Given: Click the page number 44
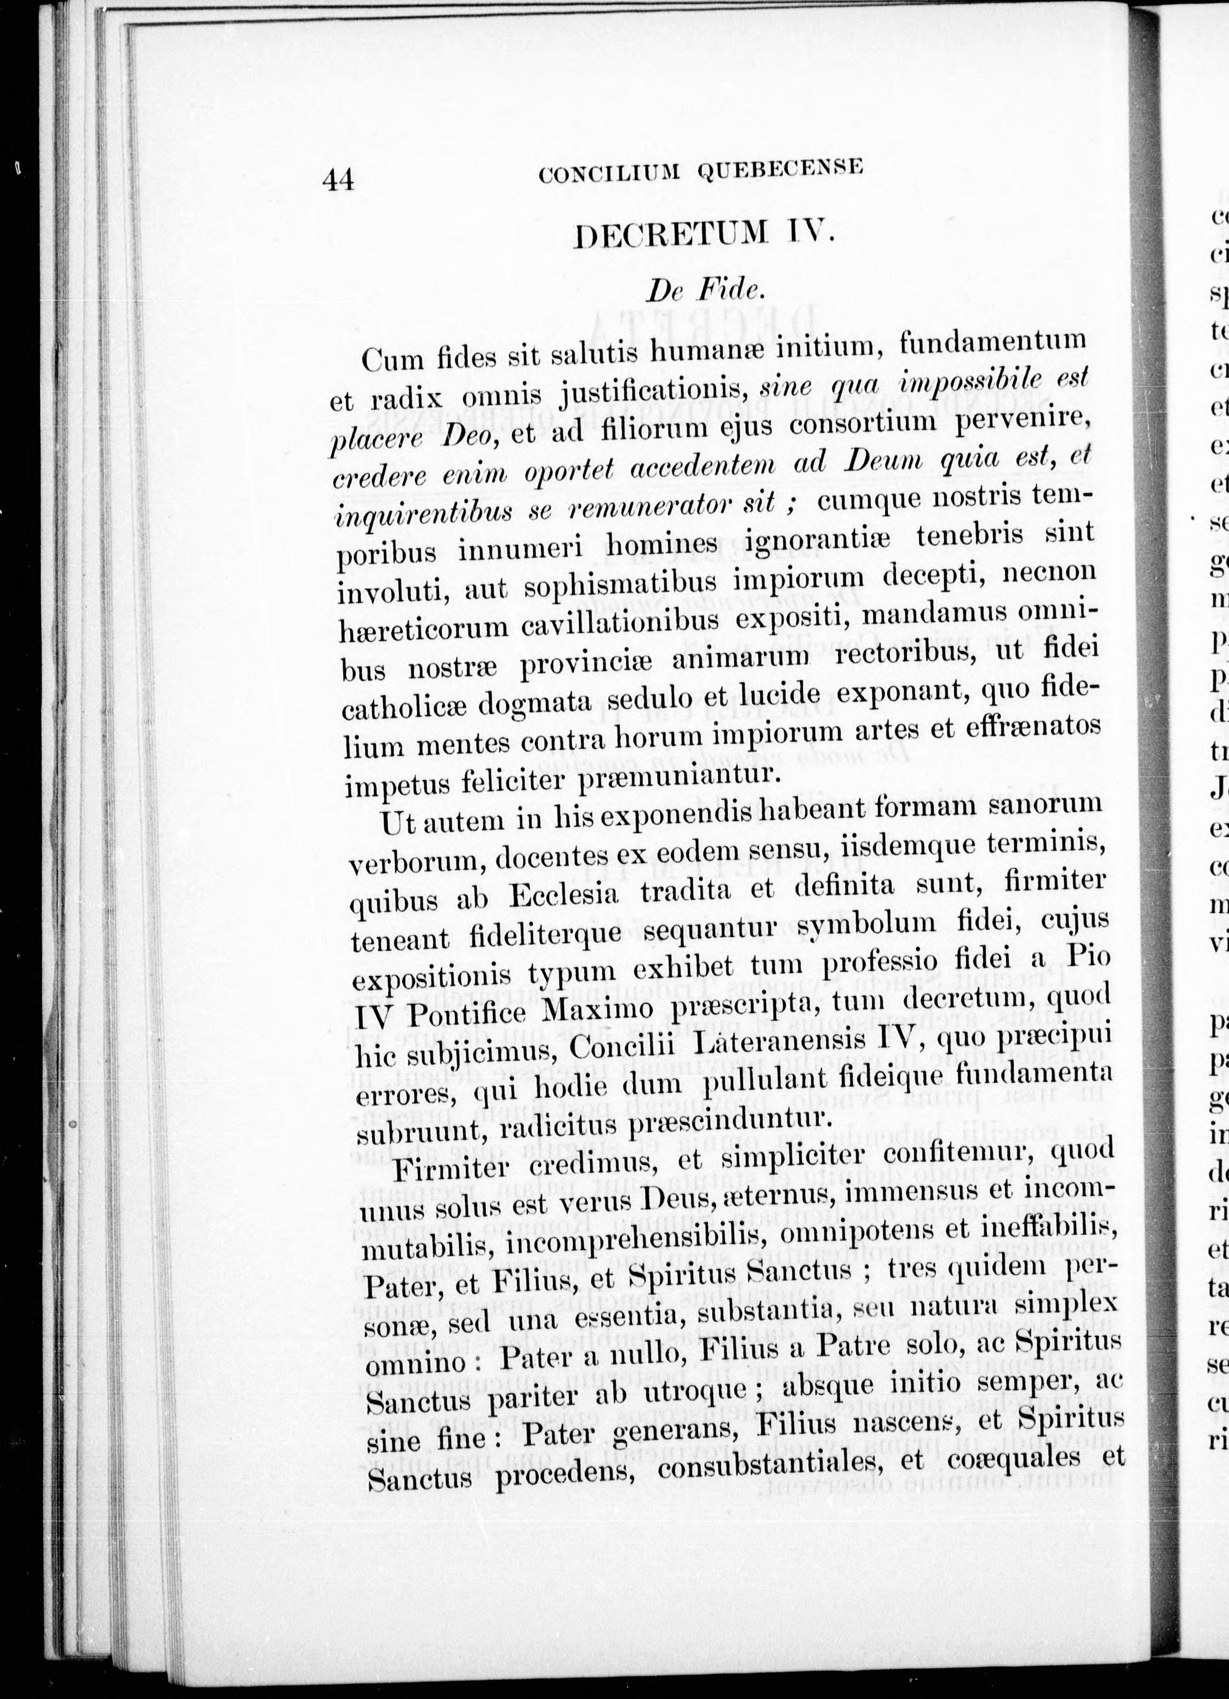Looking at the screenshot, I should tap(338, 180).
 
